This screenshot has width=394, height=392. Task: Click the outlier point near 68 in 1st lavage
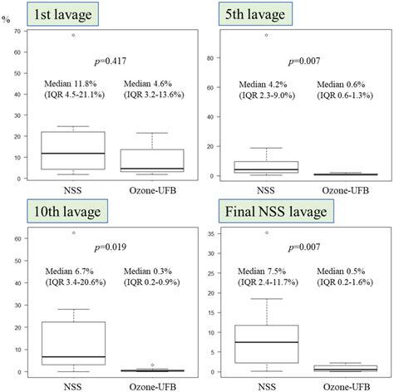click(73, 35)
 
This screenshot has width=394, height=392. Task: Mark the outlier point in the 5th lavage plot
click(266, 35)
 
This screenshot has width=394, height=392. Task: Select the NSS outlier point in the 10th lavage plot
click(73, 233)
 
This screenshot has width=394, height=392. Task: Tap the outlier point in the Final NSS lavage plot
click(266, 233)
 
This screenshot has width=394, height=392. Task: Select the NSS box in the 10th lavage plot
click(73, 343)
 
